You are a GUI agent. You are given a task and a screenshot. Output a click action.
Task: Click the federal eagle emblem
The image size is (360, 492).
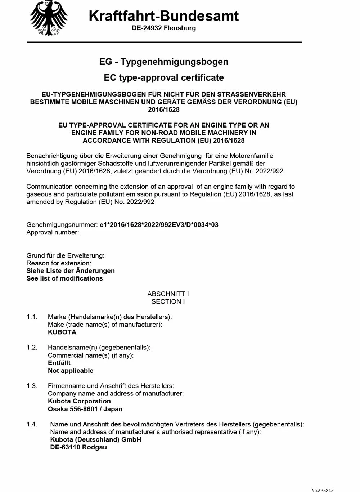49,18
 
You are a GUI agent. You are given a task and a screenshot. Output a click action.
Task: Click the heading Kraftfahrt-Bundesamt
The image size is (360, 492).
163,16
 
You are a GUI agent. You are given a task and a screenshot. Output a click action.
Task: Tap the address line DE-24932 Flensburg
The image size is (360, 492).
164,28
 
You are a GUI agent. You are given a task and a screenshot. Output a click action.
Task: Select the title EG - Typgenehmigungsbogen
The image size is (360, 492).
164,62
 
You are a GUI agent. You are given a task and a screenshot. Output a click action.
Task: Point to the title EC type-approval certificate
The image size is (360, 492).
164,77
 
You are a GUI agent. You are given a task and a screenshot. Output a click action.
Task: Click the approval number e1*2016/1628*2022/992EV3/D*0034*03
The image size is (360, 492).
159,225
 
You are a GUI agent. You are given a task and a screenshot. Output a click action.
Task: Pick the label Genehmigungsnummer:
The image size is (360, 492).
62,225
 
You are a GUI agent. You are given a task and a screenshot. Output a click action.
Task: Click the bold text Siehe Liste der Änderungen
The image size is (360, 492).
71,271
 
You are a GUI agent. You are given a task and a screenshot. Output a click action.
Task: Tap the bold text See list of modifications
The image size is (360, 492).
64,278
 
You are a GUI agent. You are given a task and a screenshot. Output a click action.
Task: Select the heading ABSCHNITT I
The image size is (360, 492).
168,294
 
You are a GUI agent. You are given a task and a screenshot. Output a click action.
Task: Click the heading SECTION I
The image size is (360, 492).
168,301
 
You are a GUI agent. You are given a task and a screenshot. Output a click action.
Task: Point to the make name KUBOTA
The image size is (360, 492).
62,332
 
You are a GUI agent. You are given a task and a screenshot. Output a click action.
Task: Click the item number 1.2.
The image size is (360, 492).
32,347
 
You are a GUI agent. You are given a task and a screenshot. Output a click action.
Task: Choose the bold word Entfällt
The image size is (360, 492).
59,363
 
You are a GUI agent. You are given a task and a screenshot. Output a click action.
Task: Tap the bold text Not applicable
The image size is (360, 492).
71,371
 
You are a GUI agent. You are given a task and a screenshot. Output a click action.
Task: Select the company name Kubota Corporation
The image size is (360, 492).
79,401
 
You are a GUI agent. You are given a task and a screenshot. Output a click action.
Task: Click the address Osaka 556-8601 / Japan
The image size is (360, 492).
85,409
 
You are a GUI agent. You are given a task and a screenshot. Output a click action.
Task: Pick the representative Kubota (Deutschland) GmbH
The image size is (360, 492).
95,439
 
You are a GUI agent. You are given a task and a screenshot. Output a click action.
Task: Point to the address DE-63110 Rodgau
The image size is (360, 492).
78,447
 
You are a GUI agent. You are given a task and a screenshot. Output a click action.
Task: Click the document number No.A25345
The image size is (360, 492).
322,490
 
